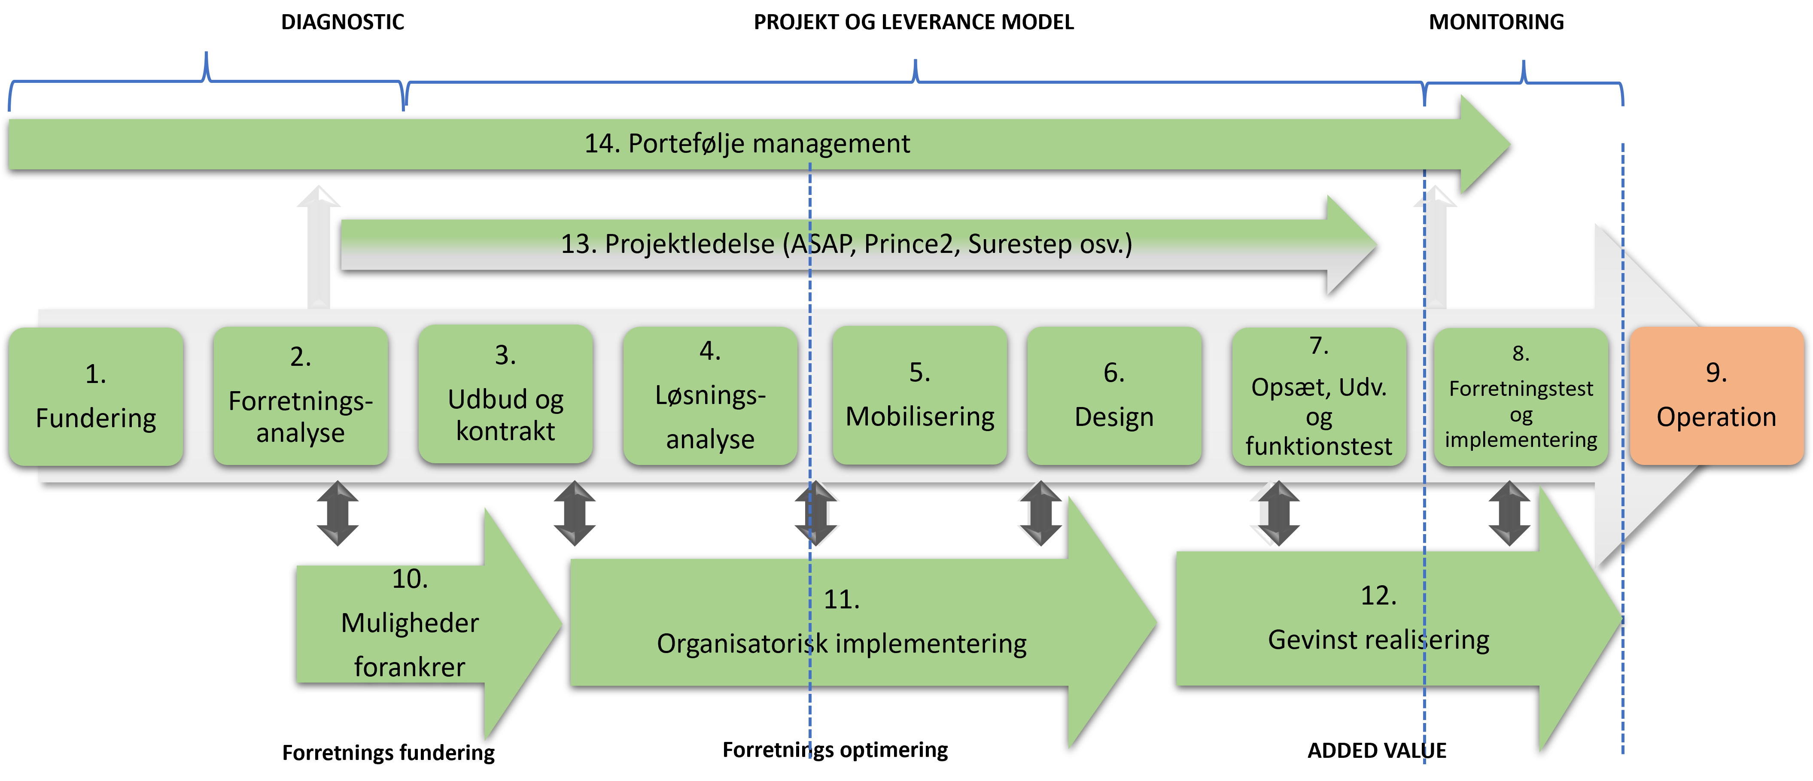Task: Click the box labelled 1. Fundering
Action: (x=96, y=396)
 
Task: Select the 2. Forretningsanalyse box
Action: (x=301, y=396)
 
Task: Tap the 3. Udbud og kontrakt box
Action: (x=505, y=394)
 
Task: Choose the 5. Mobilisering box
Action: (x=919, y=395)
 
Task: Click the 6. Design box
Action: (x=1113, y=395)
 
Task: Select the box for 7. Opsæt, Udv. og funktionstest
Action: (x=1318, y=396)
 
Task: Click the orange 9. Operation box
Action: (x=1716, y=395)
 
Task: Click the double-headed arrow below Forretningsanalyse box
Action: (x=338, y=514)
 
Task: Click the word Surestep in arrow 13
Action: (x=1019, y=244)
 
